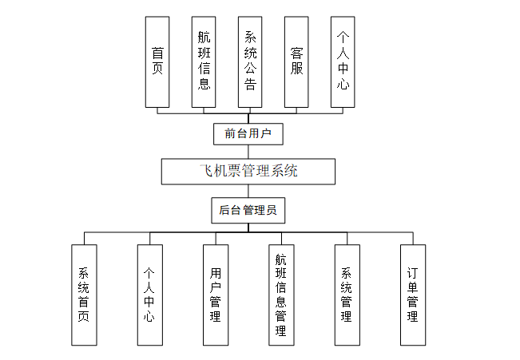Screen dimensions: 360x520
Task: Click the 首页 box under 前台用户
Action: click(x=157, y=61)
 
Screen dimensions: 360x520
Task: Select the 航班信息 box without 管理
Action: click(x=204, y=61)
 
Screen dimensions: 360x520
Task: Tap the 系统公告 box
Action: click(x=250, y=61)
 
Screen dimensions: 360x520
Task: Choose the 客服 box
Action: click(x=296, y=61)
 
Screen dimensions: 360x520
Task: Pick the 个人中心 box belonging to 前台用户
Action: click(x=343, y=61)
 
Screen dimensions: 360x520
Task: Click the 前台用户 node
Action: click(x=248, y=133)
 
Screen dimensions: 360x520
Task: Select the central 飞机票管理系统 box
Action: click(x=248, y=171)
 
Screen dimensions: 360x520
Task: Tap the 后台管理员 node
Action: click(x=248, y=211)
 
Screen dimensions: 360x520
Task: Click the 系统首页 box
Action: click(x=84, y=295)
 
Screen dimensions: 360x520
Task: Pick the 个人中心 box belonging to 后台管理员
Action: click(x=149, y=295)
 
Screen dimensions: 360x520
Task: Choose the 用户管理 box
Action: click(x=215, y=295)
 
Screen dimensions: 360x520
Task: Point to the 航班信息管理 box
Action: click(x=281, y=295)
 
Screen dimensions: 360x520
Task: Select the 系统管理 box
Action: click(x=347, y=295)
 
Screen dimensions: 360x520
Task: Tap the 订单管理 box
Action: click(x=412, y=295)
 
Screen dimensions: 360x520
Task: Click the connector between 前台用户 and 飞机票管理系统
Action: click(x=248, y=152)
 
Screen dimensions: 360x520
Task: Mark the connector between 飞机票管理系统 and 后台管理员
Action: click(x=248, y=191)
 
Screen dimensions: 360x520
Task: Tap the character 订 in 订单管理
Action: click(x=412, y=272)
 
